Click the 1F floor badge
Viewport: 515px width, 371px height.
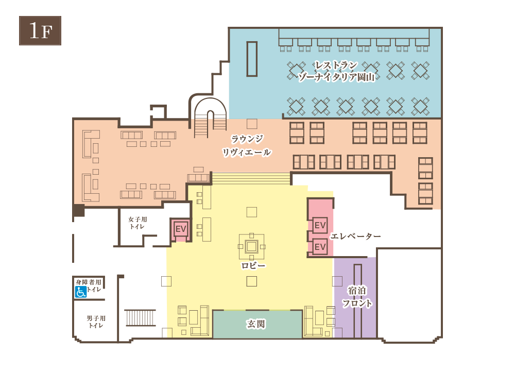pos(40,30)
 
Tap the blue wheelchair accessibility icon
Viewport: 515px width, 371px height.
pos(80,292)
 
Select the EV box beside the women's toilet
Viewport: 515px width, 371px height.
pos(181,229)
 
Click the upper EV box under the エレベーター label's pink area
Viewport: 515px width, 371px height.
pos(320,225)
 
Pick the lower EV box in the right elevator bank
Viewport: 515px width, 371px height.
pos(320,247)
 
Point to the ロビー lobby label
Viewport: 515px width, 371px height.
pos(253,265)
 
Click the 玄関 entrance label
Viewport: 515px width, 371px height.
pos(256,324)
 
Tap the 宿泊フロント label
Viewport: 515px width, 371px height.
pos(357,297)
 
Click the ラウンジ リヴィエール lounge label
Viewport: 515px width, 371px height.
pos(247,146)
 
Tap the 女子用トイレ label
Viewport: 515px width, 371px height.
pos(138,223)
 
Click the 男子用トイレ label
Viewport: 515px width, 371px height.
pos(96,322)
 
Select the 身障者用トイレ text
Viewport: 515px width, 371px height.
pos(89,285)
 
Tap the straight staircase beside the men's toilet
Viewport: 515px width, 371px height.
pos(140,317)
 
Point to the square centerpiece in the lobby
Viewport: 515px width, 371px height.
pos(252,246)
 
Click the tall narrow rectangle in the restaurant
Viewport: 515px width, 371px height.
pos(252,59)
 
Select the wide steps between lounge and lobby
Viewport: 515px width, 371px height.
pos(251,178)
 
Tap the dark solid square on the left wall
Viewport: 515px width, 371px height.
pos(79,210)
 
